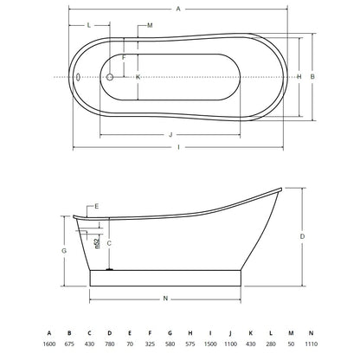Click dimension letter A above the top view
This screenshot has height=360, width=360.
click(178, 9)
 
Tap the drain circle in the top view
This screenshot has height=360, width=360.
click(110, 77)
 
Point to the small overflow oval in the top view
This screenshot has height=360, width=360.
click(78, 77)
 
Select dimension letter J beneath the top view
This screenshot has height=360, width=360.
click(170, 135)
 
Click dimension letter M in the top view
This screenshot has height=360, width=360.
click(150, 25)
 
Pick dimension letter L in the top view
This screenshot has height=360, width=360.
click(89, 25)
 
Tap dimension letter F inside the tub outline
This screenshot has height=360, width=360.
click(124, 58)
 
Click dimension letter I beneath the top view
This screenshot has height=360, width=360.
click(178, 147)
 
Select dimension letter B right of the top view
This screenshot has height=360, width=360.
click(312, 77)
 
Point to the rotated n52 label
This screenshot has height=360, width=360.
click(97, 241)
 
